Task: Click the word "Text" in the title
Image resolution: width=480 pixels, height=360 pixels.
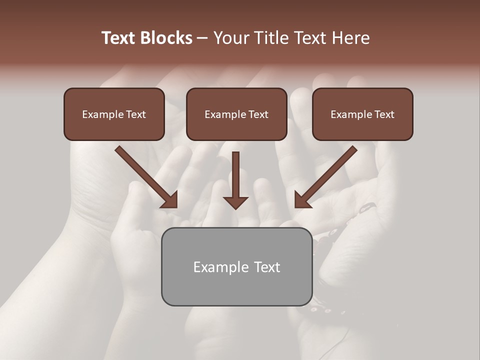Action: (118, 38)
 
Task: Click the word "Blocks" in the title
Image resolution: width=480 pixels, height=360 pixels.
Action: (165, 38)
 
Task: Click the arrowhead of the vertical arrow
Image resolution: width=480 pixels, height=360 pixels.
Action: (235, 202)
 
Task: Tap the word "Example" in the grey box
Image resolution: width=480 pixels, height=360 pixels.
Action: (215, 267)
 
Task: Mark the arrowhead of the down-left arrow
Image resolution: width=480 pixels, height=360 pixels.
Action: (302, 200)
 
